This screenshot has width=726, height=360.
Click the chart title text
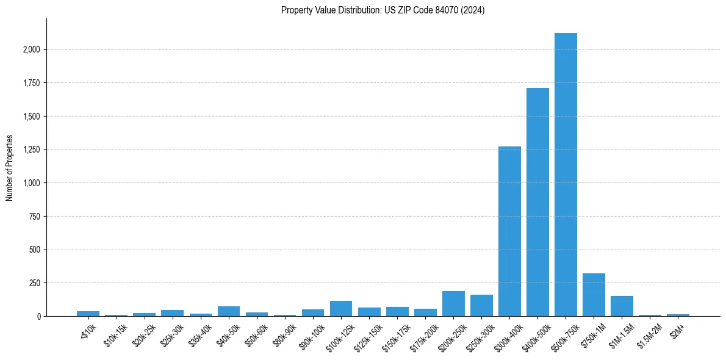(x=383, y=10)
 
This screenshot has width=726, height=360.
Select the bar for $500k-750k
(x=566, y=175)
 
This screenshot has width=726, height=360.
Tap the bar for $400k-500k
(x=537, y=202)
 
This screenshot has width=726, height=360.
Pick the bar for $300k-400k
(x=509, y=231)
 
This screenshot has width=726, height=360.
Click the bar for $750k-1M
(x=594, y=295)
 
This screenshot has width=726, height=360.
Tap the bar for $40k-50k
(x=229, y=311)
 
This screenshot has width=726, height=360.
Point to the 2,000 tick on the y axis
(x=32, y=49)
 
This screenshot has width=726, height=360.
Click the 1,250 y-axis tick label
(x=32, y=149)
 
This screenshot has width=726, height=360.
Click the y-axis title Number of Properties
(x=10, y=167)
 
